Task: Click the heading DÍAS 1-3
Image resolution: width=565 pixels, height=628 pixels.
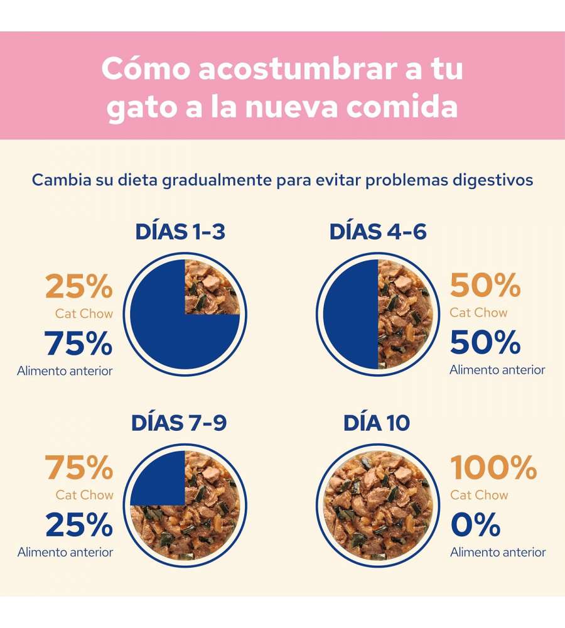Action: (180, 232)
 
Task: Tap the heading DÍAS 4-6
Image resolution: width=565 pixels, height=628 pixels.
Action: (378, 232)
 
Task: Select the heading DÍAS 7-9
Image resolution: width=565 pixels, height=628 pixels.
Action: (179, 423)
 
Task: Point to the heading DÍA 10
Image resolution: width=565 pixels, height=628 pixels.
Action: (377, 423)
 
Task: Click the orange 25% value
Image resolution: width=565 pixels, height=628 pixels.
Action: (79, 288)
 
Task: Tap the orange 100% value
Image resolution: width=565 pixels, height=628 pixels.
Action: (493, 468)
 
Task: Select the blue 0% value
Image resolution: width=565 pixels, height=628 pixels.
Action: (475, 525)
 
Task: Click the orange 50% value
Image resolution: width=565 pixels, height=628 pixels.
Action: (485, 286)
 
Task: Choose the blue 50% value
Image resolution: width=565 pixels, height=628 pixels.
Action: (485, 342)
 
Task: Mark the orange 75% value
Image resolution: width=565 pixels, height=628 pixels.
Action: (79, 468)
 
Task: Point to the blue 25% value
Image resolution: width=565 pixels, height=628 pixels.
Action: (79, 525)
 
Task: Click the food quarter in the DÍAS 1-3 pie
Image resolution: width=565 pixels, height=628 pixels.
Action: (212, 287)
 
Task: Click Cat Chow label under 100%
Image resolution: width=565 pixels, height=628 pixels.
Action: (478, 495)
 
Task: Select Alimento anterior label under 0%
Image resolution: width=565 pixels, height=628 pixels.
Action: (498, 552)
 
